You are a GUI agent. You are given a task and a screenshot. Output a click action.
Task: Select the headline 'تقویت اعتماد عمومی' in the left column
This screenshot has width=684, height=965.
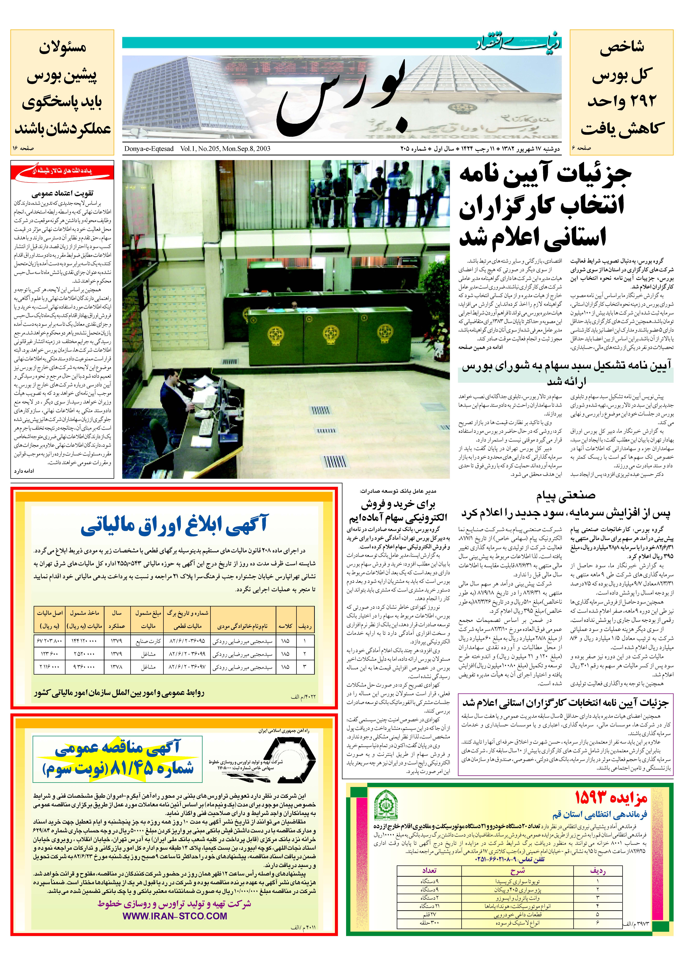pyautogui.click(x=62, y=194)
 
